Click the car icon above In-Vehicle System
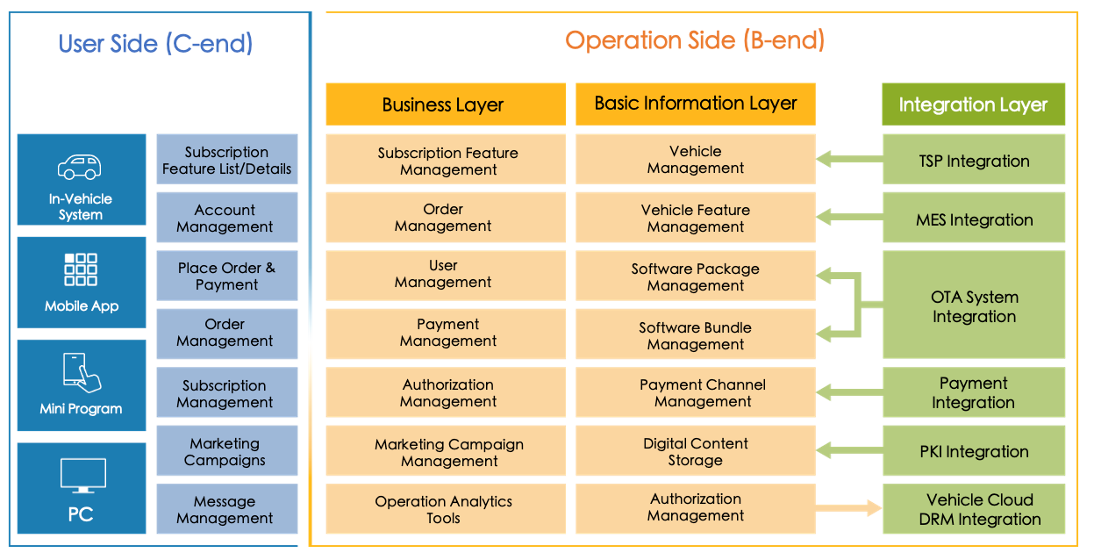click(80, 167)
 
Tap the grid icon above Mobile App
click(81, 269)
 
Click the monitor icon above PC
click(83, 476)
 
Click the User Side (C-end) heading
click(155, 44)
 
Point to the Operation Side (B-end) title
click(695, 40)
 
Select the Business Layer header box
click(446, 104)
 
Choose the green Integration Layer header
click(973, 104)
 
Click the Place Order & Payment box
click(227, 276)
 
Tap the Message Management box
click(227, 509)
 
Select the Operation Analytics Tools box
click(446, 509)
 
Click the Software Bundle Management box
click(696, 334)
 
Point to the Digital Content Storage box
click(696, 450)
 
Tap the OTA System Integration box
click(974, 305)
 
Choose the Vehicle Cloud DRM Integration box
click(974, 509)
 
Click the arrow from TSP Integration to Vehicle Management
click(849, 159)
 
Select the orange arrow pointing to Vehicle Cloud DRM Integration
click(849, 507)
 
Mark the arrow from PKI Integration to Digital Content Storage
click(849, 450)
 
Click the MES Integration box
click(974, 218)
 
